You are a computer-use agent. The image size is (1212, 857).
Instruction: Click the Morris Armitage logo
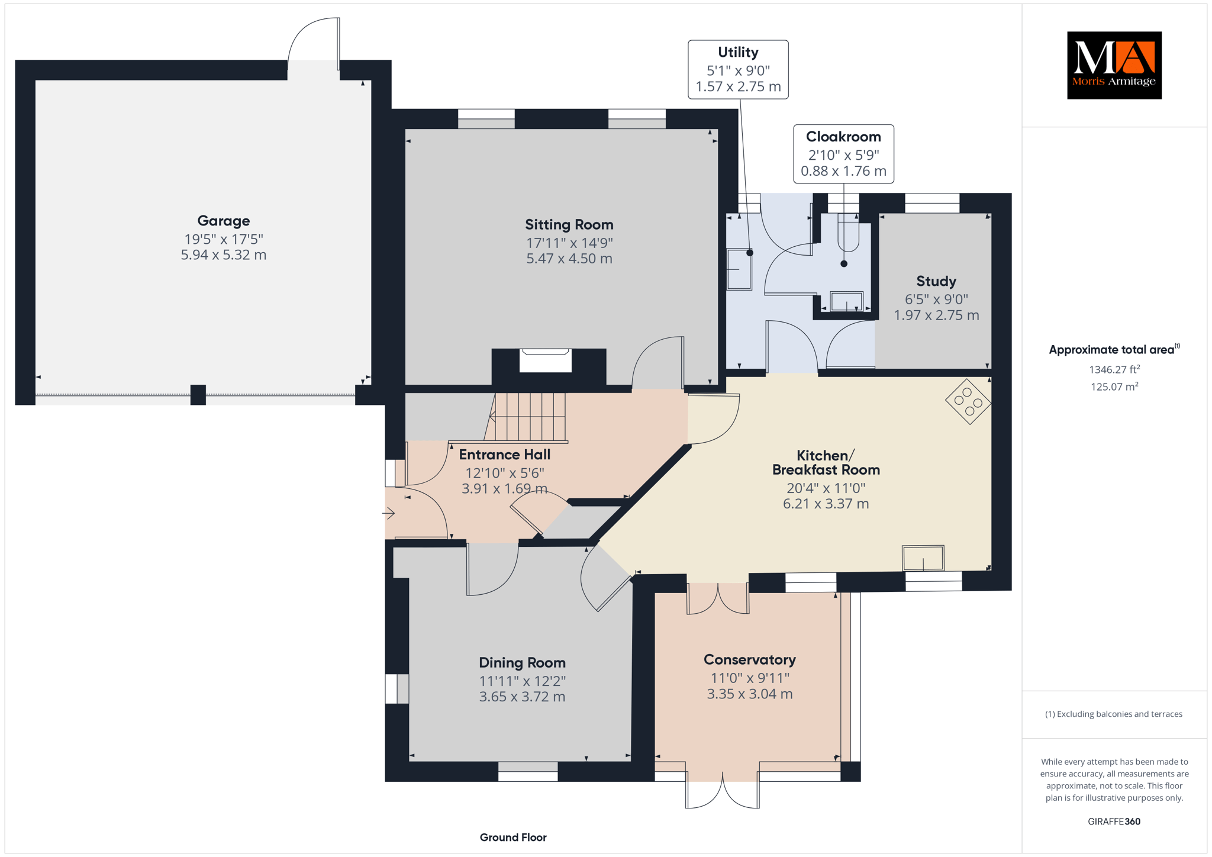[x=1114, y=65]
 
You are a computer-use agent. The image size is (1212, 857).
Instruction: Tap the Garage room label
[x=224, y=221]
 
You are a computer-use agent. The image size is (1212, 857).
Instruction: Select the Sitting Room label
[x=569, y=224]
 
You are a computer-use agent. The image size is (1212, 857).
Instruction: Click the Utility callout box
[x=738, y=69]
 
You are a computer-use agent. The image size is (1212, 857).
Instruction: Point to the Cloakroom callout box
[x=843, y=154]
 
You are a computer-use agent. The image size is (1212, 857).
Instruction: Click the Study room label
[x=936, y=281]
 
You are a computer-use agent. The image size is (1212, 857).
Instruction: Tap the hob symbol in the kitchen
[x=968, y=401]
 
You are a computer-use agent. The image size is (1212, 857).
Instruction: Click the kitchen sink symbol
[x=923, y=558]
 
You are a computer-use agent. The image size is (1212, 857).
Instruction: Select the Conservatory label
[x=750, y=659]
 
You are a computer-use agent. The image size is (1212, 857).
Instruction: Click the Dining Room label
[x=522, y=662]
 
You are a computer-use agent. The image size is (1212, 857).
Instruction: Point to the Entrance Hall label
[x=505, y=455]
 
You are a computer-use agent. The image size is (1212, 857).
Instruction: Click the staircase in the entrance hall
[x=526, y=417]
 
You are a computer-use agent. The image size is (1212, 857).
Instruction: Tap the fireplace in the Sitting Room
[x=546, y=360]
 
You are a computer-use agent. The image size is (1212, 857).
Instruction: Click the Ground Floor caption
[x=513, y=837]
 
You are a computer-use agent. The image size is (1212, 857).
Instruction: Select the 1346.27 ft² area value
[x=1114, y=369]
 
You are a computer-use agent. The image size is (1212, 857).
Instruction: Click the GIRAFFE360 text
[x=1114, y=821]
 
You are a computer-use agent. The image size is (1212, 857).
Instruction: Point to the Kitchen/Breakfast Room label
[x=826, y=462]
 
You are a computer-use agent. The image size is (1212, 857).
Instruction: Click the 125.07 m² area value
[x=1114, y=386]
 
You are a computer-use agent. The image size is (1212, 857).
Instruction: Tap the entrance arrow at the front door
[x=389, y=513]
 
